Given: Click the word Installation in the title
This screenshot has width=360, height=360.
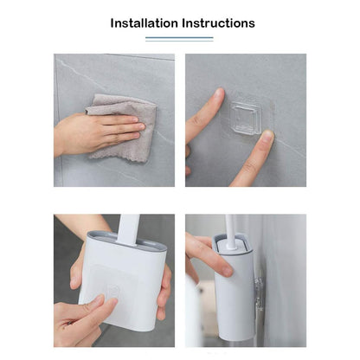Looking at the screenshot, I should tap(144, 23).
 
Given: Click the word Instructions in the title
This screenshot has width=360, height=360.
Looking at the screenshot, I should tap(217, 23).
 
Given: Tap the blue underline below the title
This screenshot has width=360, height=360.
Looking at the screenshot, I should tap(179, 38).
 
